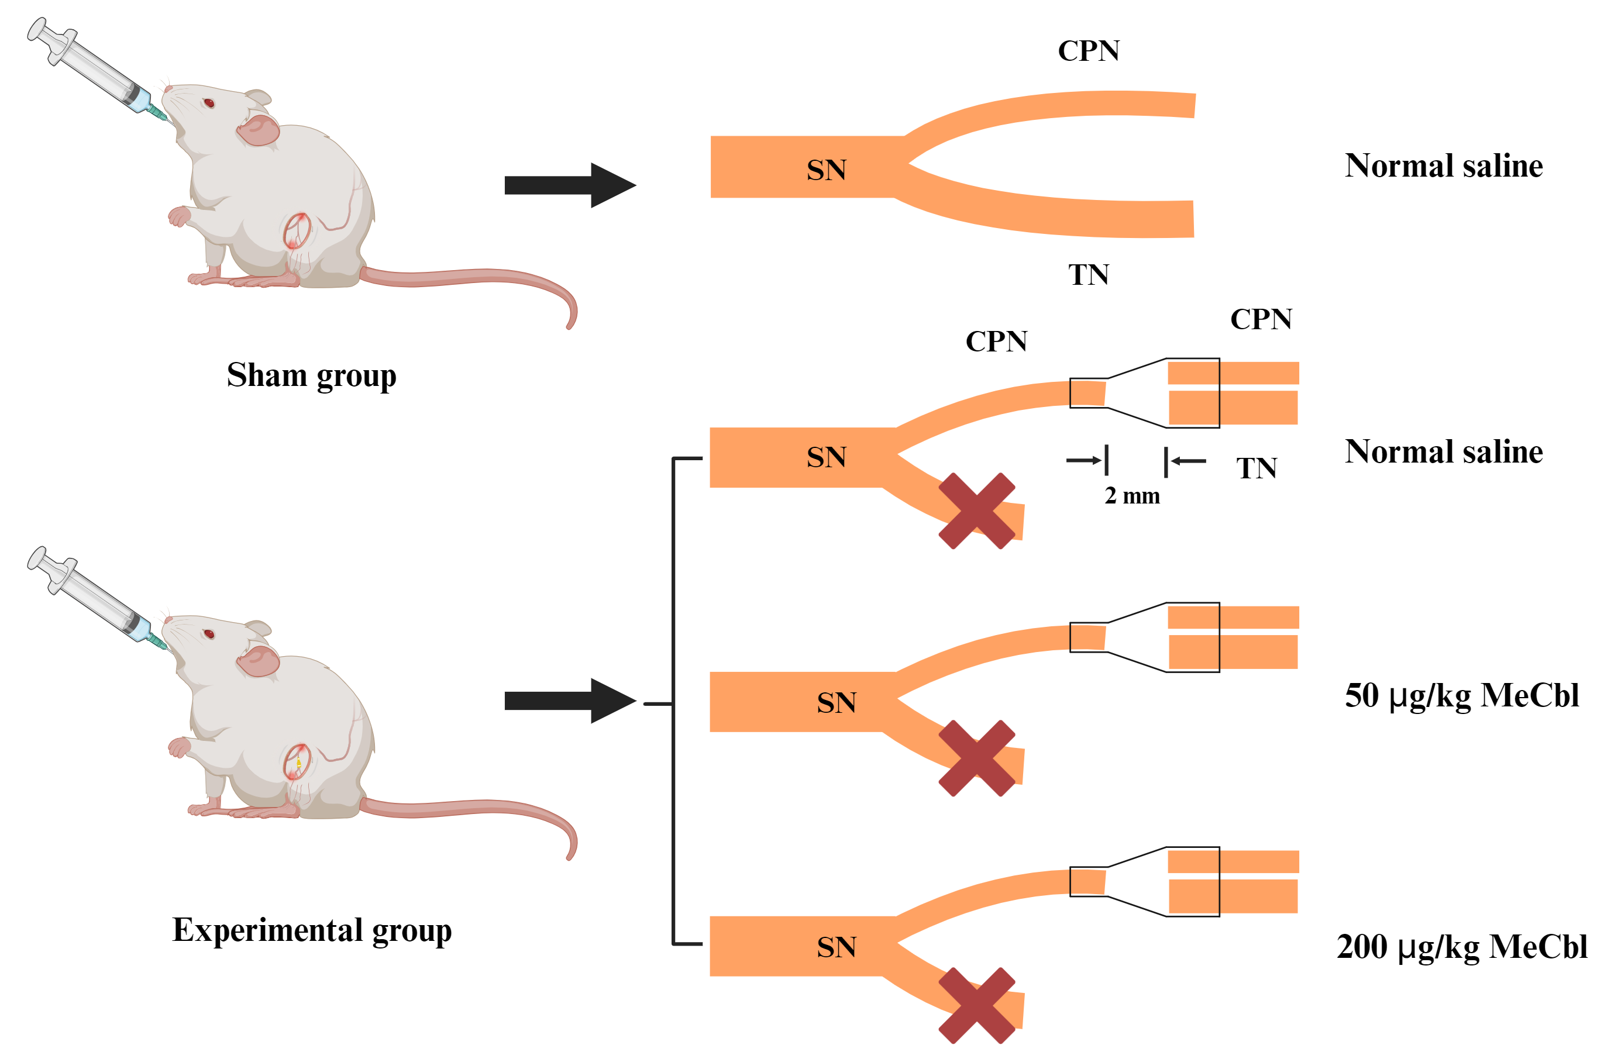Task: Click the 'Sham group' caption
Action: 311,375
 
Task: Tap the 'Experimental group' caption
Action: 311,930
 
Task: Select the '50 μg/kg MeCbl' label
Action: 1461,695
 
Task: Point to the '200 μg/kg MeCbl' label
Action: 1461,946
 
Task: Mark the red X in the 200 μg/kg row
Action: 976,1005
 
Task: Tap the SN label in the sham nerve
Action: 826,170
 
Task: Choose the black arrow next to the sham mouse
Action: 570,185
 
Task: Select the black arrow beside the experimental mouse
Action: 570,701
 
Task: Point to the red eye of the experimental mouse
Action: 209,634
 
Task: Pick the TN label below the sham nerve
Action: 1087,275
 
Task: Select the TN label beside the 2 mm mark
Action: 1257,468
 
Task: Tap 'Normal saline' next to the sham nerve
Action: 1444,166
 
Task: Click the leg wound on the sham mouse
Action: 297,230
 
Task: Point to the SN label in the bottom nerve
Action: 837,947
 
